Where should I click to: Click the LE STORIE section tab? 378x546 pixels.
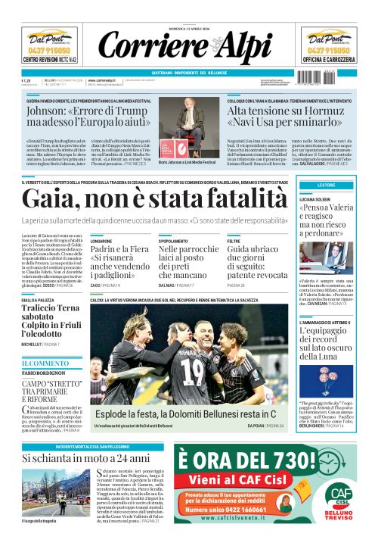326,185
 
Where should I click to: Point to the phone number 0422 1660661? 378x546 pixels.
261,510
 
